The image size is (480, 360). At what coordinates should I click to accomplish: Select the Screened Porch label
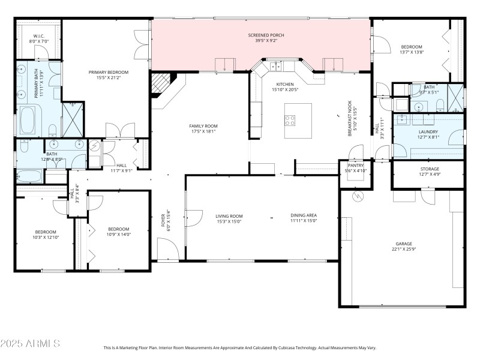point(266,35)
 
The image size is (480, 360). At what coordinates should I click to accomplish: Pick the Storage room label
point(429,169)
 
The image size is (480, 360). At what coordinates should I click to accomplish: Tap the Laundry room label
point(428,131)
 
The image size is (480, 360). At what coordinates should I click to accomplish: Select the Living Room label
point(229,215)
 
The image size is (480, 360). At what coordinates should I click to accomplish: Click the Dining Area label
point(304,215)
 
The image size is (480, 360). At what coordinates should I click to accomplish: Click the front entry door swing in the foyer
point(166,248)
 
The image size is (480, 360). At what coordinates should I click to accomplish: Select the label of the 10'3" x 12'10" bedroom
point(46,232)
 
